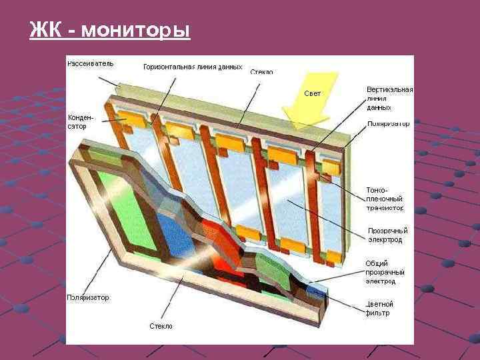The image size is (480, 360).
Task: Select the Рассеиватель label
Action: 90,64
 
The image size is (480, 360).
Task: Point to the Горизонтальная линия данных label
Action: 193,67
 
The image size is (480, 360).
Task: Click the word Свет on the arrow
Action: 312,93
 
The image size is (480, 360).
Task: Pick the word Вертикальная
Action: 389,89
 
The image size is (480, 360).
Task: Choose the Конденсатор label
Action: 81,121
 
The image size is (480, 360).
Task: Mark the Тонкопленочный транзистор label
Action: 385,199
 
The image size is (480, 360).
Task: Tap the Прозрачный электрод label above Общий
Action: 387,235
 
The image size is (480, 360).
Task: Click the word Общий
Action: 377,263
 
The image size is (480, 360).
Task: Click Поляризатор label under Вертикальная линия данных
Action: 389,125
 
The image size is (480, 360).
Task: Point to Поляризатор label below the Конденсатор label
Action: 88,297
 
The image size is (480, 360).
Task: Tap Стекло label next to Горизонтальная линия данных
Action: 261,71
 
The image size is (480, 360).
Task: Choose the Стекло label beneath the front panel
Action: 160,326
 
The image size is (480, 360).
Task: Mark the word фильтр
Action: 377,313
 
